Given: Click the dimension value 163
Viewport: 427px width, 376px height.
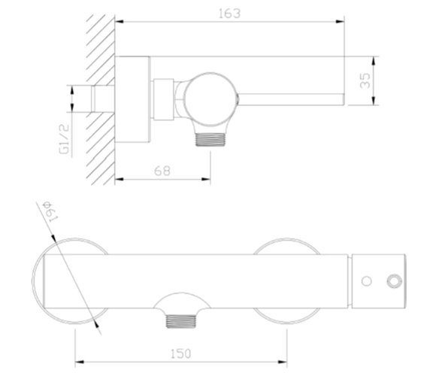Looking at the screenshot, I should (x=229, y=12).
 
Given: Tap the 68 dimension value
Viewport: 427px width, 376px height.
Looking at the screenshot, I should (x=162, y=170).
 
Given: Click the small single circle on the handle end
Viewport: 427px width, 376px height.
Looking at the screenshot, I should (x=366, y=282).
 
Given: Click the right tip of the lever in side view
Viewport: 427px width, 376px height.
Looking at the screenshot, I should (x=343, y=99).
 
